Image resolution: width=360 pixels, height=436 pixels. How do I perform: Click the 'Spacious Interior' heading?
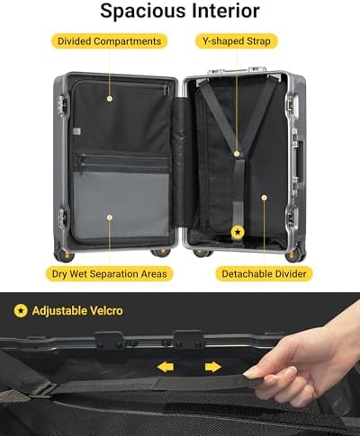(180, 11)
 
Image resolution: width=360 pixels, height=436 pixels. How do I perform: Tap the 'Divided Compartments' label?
(109, 41)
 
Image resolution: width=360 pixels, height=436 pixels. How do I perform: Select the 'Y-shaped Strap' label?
(237, 41)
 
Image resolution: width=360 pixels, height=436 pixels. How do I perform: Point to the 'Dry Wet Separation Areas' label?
(109, 273)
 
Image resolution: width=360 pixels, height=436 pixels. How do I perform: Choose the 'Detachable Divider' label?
(264, 273)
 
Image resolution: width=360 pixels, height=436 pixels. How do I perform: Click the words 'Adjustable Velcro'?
(77, 311)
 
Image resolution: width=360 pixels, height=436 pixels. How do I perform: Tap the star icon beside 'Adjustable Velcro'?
(21, 311)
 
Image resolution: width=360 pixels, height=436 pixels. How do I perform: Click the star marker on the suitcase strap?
(238, 232)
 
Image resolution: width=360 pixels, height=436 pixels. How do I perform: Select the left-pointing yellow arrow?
(166, 367)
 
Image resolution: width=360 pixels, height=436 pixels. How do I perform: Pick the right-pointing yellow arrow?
(213, 367)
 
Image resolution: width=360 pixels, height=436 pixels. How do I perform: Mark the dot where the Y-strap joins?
(237, 154)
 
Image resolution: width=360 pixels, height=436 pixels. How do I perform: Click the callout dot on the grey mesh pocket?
(110, 218)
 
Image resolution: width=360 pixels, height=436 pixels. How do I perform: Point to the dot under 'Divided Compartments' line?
(110, 98)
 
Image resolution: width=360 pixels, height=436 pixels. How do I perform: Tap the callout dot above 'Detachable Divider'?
(265, 198)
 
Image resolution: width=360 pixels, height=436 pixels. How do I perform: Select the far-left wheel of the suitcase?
(64, 254)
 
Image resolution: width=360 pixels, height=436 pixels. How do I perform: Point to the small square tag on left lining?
(76, 131)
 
